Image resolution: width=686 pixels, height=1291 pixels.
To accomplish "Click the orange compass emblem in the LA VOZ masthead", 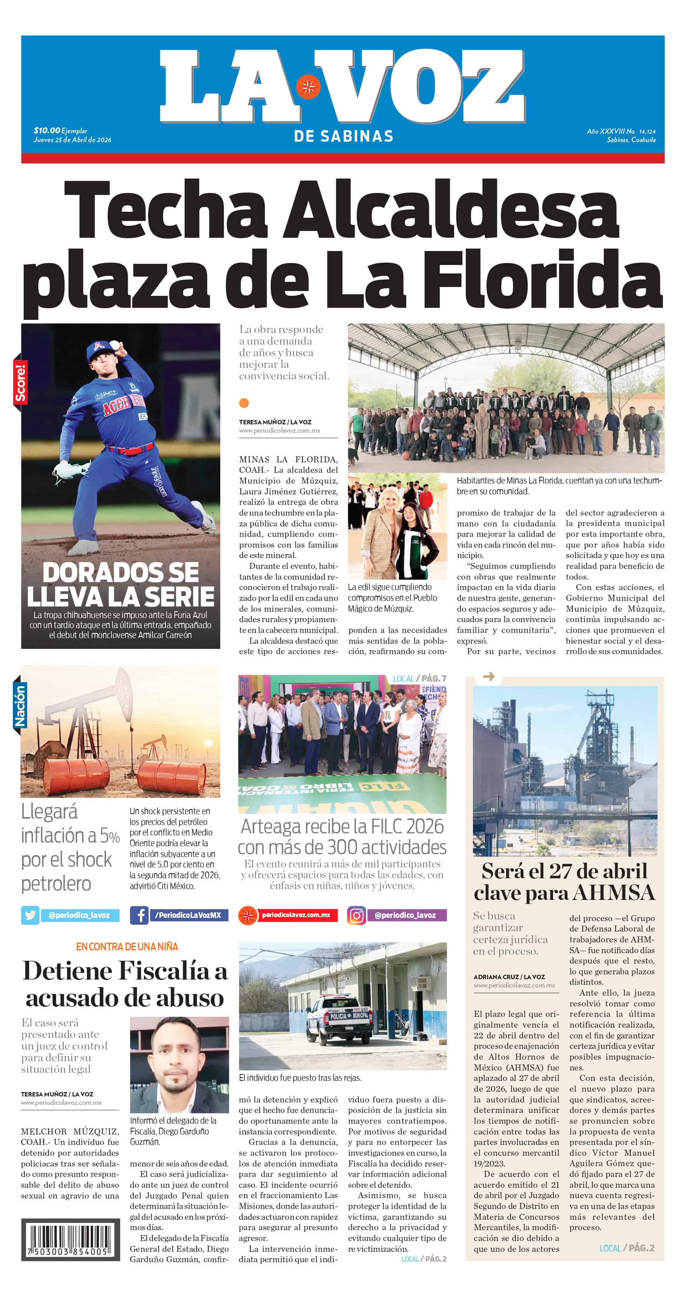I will pos(308,87).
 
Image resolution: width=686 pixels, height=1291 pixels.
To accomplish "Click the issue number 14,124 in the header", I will pos(647,131).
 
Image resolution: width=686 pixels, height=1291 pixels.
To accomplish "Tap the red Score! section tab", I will pos(20,383).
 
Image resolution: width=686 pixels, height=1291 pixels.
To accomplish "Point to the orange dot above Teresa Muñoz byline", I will pos(244,403).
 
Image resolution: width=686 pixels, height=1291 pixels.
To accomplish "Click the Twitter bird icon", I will pos(30,915).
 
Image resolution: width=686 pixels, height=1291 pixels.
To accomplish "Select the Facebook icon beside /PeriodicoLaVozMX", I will pos(139,915).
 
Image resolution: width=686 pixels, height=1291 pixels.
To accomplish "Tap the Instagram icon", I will pos(356,916).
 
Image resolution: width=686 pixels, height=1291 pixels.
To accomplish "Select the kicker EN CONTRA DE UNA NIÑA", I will pos(127,946).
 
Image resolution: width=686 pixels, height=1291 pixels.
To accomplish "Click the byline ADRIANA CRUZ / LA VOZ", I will pos(509,977).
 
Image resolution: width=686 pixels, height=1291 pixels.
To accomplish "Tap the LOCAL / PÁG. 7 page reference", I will pos(419,679).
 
